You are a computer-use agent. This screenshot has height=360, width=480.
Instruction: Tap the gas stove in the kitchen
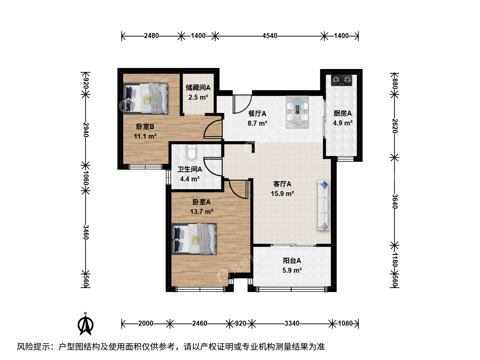click(x=341, y=80)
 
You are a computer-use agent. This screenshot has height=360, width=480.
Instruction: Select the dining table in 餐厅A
click(x=297, y=112)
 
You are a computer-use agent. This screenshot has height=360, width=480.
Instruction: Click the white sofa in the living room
click(x=324, y=205)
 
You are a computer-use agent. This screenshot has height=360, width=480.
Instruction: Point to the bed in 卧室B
click(x=146, y=98)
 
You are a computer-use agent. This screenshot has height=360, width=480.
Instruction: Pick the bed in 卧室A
click(x=194, y=239)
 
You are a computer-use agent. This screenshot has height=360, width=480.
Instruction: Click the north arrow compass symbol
click(x=86, y=324)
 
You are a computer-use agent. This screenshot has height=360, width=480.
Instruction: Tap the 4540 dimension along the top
click(x=270, y=36)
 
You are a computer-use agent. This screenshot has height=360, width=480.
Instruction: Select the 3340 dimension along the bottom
click(x=292, y=323)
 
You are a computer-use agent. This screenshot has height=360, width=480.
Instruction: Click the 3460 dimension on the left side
click(x=86, y=232)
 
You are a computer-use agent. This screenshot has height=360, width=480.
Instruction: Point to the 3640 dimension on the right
click(x=394, y=201)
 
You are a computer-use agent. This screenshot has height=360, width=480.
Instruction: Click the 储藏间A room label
click(x=198, y=88)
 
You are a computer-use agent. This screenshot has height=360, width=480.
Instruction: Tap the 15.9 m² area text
click(x=282, y=194)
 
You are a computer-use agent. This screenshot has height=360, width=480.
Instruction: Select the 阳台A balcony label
click(x=292, y=261)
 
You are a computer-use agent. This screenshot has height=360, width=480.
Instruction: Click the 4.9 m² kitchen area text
click(x=343, y=123)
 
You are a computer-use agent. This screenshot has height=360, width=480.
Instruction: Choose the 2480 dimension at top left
click(x=151, y=36)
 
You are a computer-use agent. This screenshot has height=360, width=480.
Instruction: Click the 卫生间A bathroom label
click(x=190, y=169)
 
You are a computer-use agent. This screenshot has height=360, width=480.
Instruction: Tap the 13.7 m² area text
click(x=202, y=212)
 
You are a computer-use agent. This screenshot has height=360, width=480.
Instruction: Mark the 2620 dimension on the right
click(x=394, y=126)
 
